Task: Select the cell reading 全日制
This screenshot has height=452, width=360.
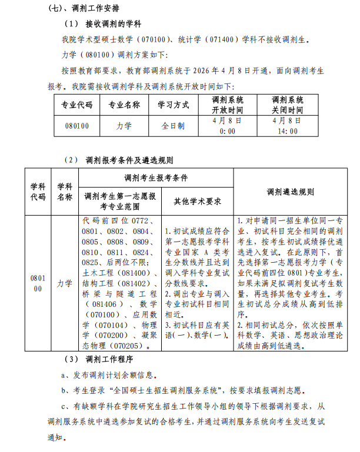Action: click(x=173, y=126)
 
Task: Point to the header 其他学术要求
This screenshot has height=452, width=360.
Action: click(x=197, y=201)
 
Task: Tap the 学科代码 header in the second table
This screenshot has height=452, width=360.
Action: click(x=38, y=192)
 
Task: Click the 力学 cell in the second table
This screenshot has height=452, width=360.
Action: click(x=65, y=283)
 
